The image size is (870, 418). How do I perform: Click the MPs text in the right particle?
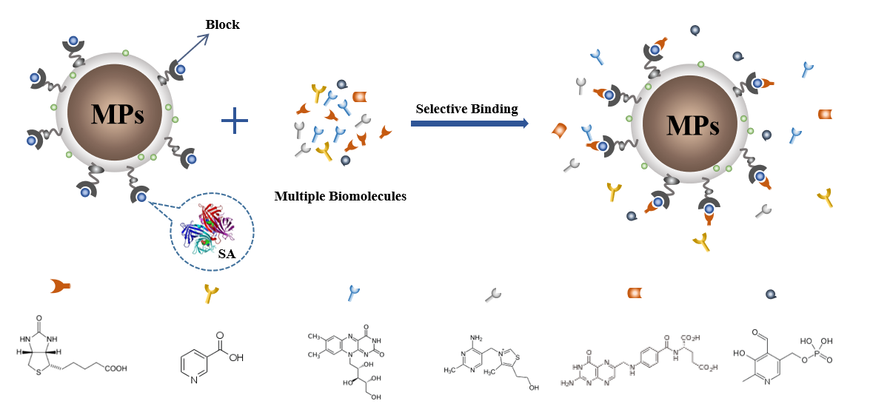click(x=692, y=126)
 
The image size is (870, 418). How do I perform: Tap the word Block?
click(x=222, y=24)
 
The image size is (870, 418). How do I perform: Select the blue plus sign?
click(x=235, y=120)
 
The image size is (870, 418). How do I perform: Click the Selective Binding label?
click(x=466, y=109)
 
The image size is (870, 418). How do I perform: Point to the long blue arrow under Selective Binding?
click(x=469, y=124)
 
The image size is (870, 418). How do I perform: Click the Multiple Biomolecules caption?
click(x=340, y=196)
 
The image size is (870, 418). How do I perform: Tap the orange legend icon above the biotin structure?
click(x=60, y=286)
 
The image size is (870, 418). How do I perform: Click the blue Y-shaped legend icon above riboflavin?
click(x=354, y=293)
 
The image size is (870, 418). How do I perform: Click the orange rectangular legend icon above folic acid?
click(x=635, y=293)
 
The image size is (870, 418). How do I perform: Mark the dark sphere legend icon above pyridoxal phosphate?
click(x=771, y=294)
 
